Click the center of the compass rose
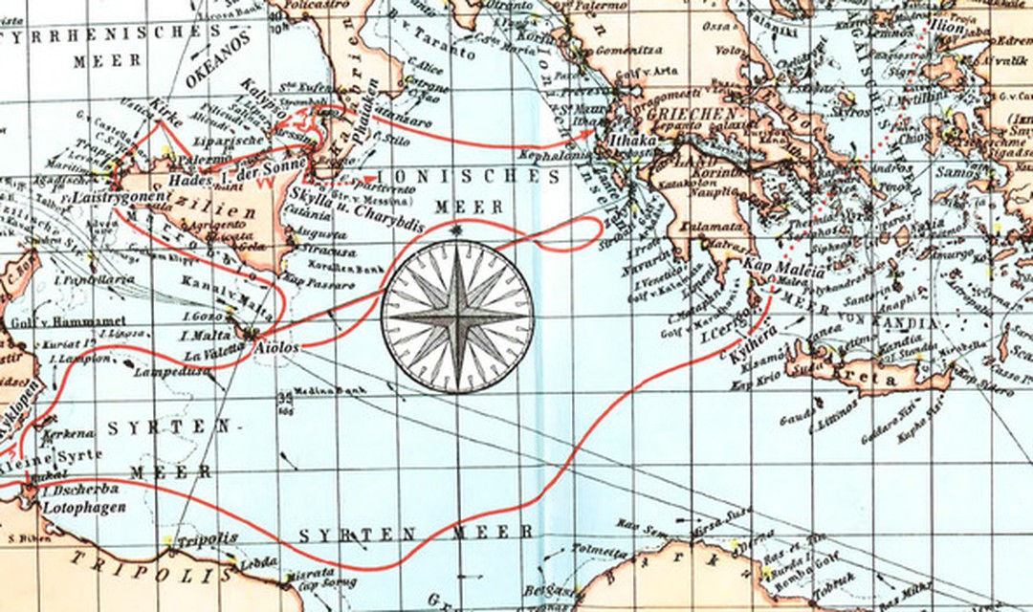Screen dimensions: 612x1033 coord(457,317)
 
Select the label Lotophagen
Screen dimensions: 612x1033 coord(85,507)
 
